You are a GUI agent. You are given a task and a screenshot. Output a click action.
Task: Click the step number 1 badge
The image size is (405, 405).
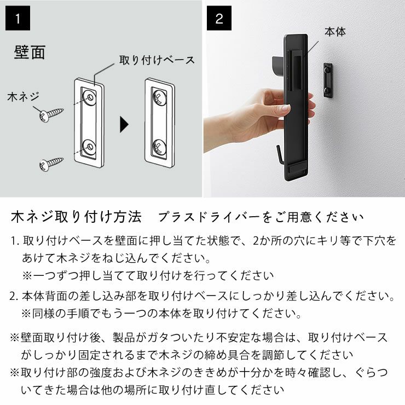18,19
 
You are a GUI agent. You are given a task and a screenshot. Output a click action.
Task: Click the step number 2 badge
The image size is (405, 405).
219,19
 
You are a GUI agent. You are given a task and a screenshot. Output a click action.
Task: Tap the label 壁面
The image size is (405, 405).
29,53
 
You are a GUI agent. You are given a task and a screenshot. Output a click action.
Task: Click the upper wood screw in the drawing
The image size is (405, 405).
51,114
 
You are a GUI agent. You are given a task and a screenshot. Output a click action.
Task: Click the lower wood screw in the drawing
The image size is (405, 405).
51,163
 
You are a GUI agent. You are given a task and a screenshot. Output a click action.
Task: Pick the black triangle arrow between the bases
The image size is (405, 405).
124,125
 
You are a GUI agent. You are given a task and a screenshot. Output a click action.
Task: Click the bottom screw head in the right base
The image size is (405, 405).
159,147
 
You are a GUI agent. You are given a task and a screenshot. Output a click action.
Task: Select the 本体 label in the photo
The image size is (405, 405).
335,32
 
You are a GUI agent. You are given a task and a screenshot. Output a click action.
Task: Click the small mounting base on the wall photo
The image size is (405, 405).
328,80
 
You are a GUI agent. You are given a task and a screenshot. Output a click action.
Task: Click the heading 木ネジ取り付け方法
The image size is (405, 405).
76,217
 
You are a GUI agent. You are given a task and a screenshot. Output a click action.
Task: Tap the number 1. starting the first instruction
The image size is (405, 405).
15,241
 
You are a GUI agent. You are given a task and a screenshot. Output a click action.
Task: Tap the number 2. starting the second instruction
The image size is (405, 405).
15,297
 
